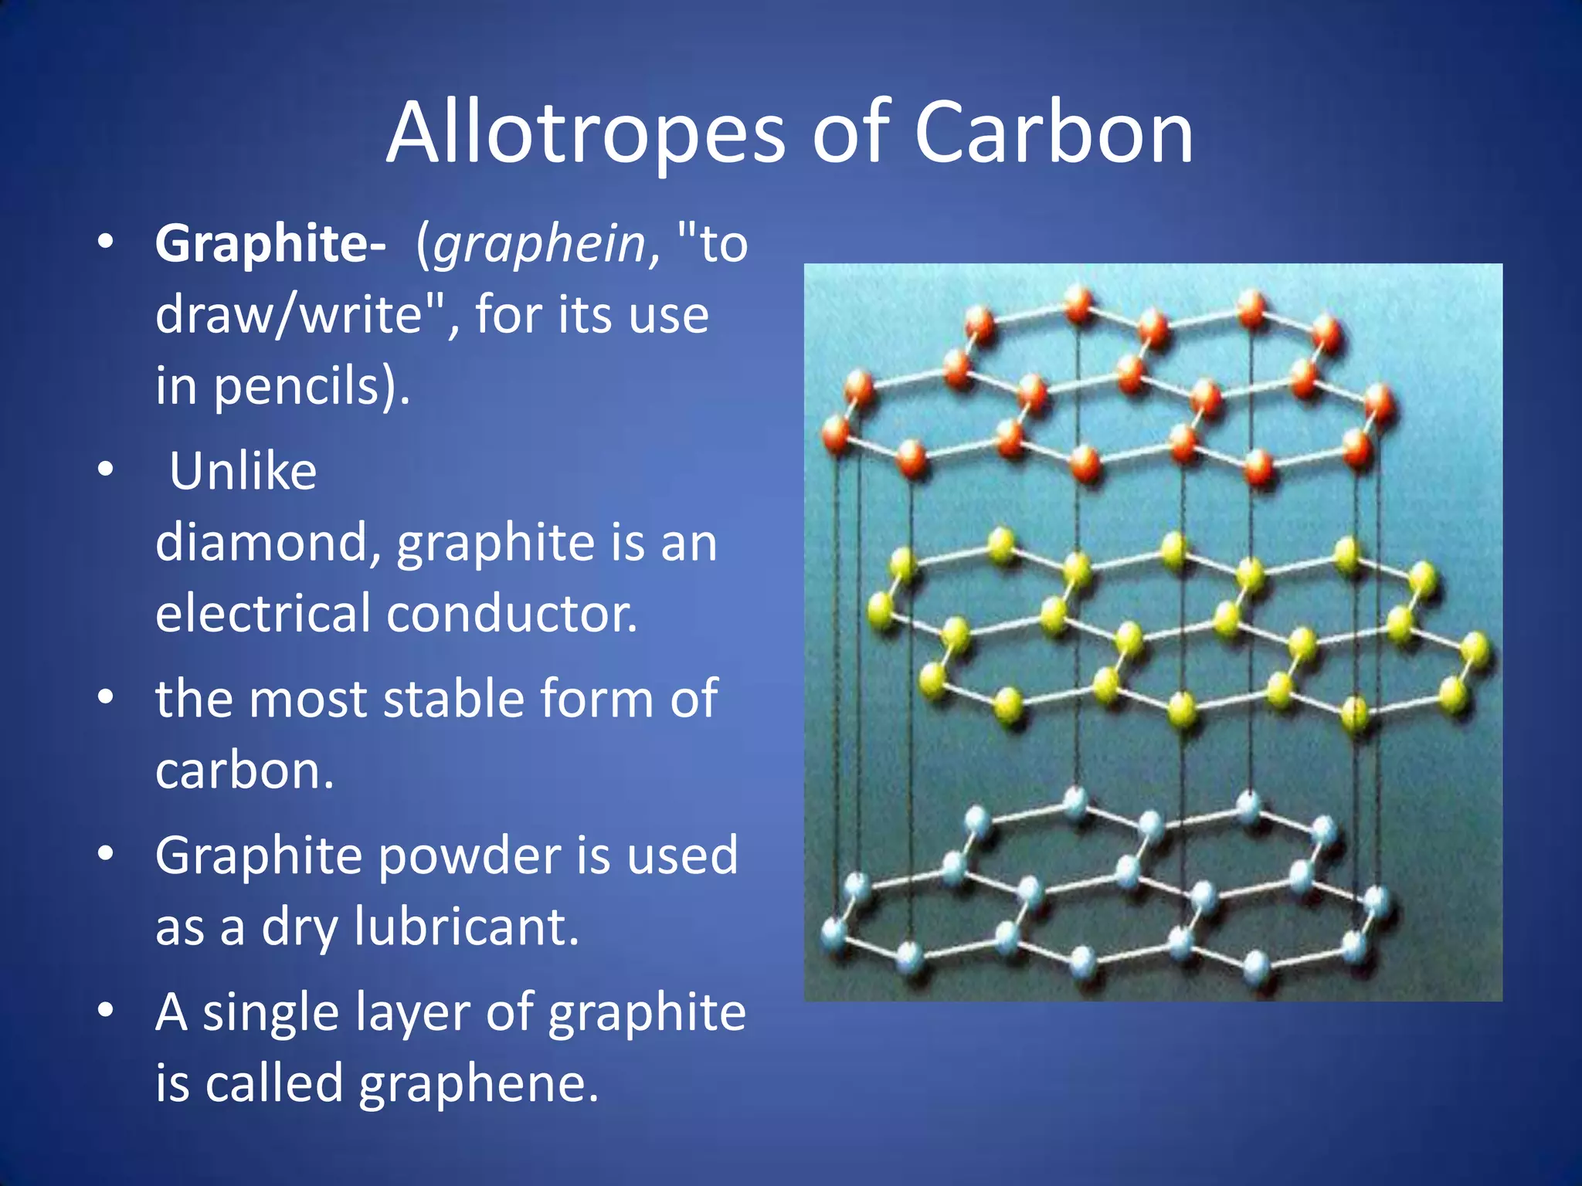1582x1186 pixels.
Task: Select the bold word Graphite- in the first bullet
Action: pos(270,244)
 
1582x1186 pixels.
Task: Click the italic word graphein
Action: pos(539,244)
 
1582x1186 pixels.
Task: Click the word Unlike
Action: pos(243,471)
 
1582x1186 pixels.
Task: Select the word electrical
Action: pos(263,613)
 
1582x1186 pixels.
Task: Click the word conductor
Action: pos(512,613)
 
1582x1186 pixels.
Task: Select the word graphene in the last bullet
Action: pos(478,1083)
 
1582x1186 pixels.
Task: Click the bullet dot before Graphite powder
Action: pos(106,854)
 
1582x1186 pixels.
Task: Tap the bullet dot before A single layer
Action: pos(106,1011)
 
